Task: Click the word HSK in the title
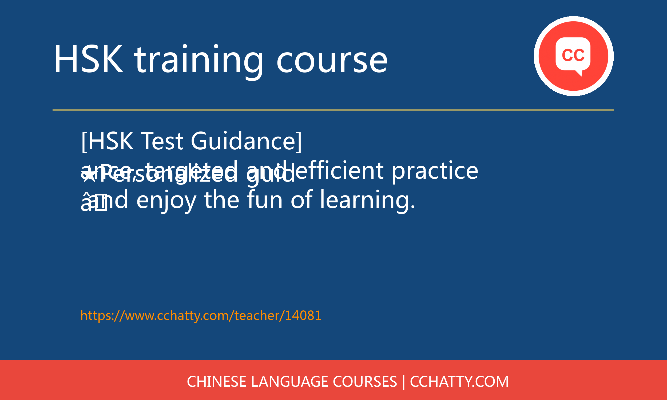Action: [88, 59]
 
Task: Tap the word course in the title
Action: [332, 60]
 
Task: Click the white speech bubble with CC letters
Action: [573, 55]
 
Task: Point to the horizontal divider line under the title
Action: [333, 110]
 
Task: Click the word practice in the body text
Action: [435, 171]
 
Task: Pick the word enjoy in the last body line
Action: [166, 201]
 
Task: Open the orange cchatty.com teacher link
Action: [201, 316]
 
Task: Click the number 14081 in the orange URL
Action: [303, 316]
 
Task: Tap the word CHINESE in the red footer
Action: [216, 382]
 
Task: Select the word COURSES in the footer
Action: [365, 382]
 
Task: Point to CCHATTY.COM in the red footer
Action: [459, 382]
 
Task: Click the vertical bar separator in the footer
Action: [404, 382]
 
